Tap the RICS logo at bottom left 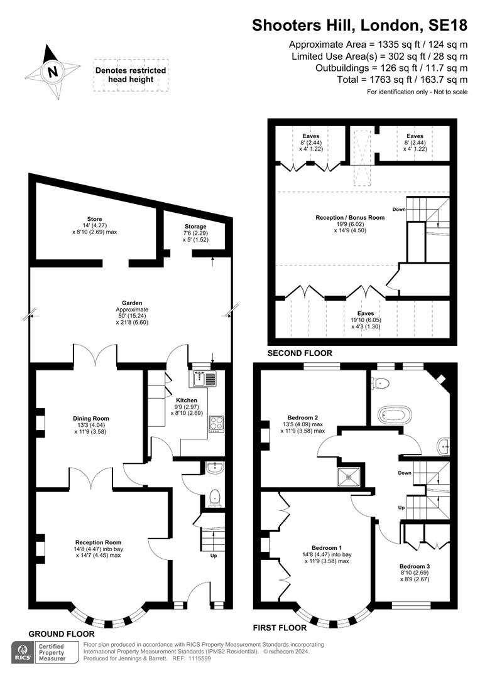point(23,652)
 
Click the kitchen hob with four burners point(216,424)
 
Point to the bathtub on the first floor point(395,415)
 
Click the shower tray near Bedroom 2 point(349,476)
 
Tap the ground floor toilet point(214,498)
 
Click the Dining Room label point(91,418)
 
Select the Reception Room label point(98,542)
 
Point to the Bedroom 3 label point(415,566)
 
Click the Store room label point(94,219)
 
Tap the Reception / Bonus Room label point(350,217)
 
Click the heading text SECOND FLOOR point(300,353)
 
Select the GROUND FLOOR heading point(62,634)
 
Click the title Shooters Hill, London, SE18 point(359,25)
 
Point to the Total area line point(402,80)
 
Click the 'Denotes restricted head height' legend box point(131,75)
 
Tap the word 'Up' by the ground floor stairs point(214,556)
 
